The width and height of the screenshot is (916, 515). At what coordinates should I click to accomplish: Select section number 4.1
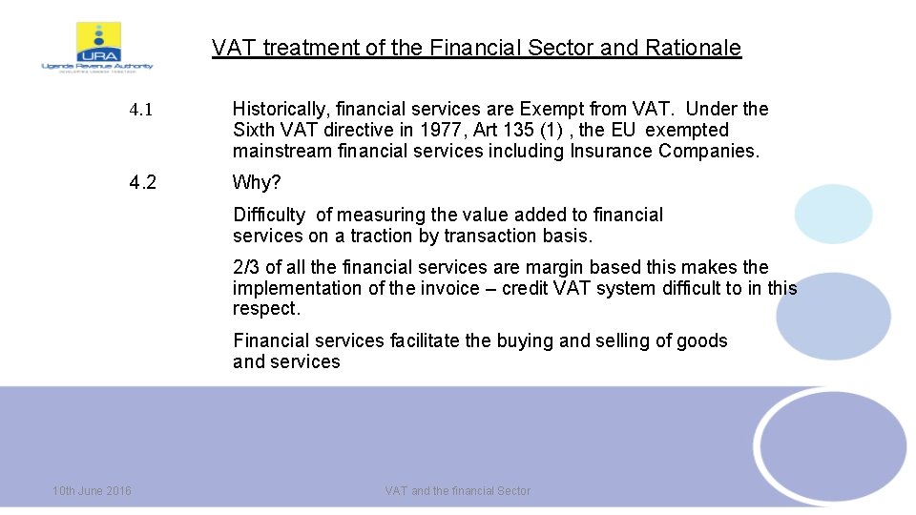pyautogui.click(x=141, y=110)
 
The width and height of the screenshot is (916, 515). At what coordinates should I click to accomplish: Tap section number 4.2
pyautogui.click(x=143, y=182)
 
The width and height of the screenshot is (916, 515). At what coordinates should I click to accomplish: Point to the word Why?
pyautogui.click(x=258, y=182)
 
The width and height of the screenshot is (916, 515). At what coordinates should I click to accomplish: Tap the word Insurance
pyautogui.click(x=612, y=151)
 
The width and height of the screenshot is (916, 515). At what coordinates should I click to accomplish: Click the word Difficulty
pyautogui.click(x=269, y=216)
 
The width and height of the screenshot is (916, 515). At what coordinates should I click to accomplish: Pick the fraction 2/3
pyautogui.click(x=246, y=267)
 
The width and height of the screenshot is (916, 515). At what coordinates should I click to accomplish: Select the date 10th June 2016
pyautogui.click(x=93, y=490)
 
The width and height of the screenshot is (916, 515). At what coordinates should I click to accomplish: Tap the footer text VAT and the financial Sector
pyautogui.click(x=457, y=490)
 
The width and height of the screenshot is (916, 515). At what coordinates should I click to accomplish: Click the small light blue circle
pyautogui.click(x=833, y=214)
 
